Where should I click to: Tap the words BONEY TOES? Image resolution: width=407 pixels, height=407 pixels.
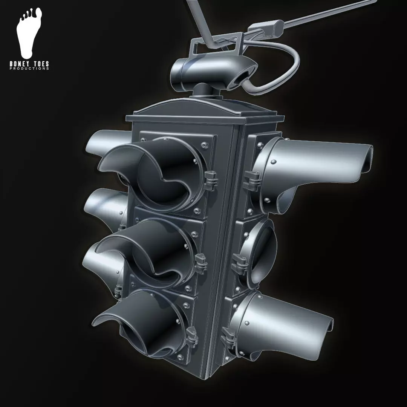(x=29, y=64)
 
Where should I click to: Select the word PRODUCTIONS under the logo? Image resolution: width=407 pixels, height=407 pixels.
(x=29, y=69)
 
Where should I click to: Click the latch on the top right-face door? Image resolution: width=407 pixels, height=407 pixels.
(x=251, y=179)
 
